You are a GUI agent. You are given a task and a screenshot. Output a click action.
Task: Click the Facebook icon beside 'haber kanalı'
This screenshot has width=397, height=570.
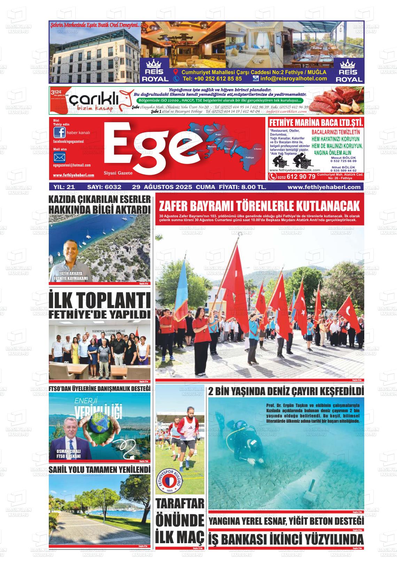[x=59, y=133]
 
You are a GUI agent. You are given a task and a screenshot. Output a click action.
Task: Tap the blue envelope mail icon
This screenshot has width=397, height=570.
[x=59, y=157]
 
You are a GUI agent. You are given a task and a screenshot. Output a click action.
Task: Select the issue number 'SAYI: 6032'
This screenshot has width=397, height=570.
[x=104, y=187]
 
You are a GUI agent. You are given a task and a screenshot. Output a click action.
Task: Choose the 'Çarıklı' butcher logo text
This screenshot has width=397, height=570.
[x=92, y=101]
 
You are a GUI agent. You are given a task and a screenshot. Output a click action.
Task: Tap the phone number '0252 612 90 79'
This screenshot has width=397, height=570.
[x=296, y=177]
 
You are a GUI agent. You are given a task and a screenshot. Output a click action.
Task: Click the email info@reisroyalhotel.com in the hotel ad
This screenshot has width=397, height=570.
[x=293, y=79]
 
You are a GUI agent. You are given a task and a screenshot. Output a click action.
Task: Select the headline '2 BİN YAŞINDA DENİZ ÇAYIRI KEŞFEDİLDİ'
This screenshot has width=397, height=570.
[x=286, y=391]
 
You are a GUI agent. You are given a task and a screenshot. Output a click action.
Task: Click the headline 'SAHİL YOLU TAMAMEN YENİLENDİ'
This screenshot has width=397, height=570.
[x=100, y=470]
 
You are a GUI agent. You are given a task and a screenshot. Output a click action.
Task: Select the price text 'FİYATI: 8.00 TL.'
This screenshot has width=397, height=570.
[x=242, y=187]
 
